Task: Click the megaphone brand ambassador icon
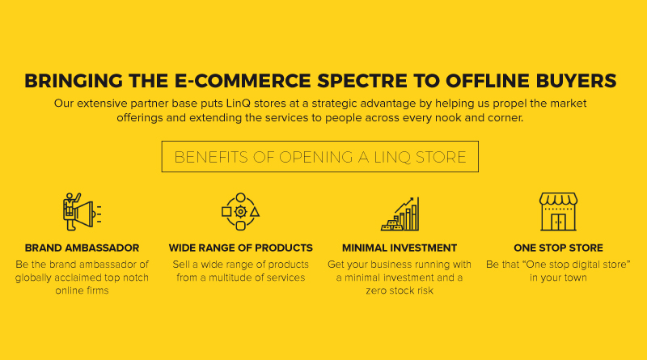(82, 211)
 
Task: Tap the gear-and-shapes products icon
(240, 211)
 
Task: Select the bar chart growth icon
(400, 214)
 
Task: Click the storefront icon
(558, 211)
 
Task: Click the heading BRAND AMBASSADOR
(82, 248)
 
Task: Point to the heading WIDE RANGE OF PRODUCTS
(240, 248)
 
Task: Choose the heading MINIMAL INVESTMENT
(400, 248)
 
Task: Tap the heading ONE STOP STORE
(558, 248)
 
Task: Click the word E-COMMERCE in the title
(243, 81)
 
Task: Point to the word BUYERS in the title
(576, 81)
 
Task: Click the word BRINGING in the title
(74, 81)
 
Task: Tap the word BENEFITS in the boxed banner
(211, 157)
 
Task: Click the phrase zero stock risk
(400, 290)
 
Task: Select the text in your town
(558, 277)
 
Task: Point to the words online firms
(82, 290)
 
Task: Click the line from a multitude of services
(240, 277)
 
